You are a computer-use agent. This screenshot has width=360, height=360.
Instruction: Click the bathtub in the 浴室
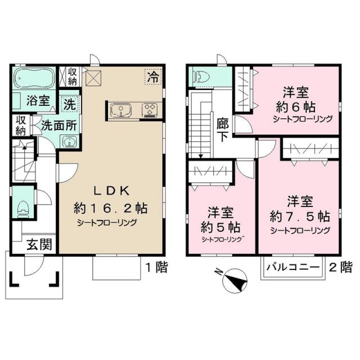34,78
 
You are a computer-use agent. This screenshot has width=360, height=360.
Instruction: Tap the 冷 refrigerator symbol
152,76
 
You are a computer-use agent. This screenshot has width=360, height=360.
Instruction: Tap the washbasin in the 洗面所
70,142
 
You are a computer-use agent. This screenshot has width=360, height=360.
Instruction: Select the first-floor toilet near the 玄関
23,206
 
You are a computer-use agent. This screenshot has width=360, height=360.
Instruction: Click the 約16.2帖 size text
110,208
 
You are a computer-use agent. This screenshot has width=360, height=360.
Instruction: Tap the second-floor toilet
200,78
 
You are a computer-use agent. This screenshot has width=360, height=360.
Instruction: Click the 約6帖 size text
294,106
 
